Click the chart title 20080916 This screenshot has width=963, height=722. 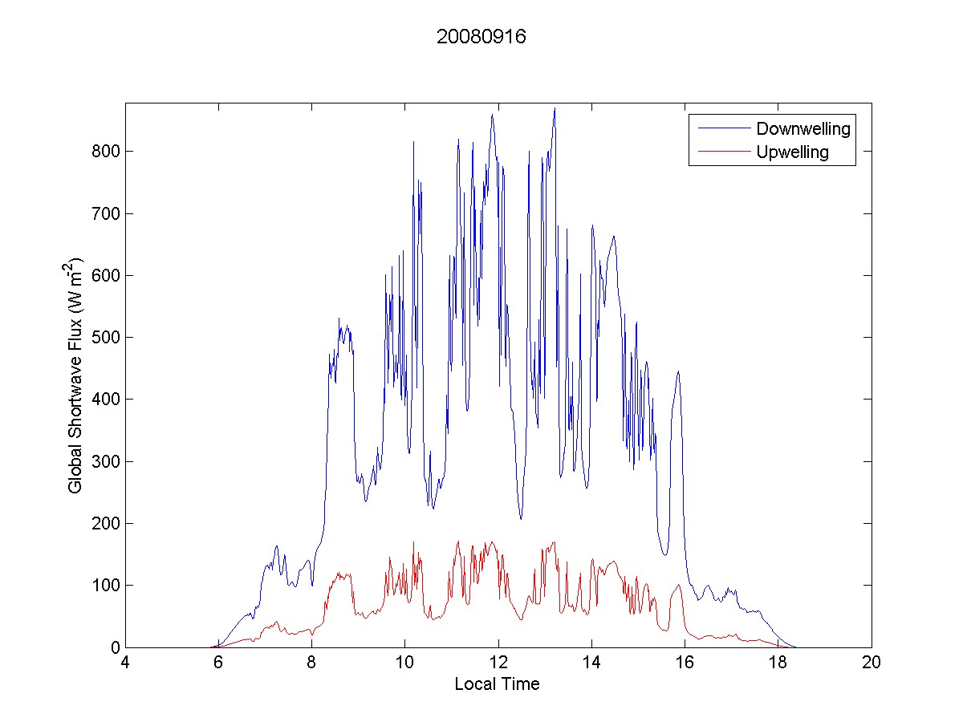click(481, 38)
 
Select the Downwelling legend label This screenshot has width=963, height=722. click(802, 128)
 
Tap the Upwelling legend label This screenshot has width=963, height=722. click(792, 152)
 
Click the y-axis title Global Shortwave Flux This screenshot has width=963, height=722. click(75, 375)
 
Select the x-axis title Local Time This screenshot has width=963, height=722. click(497, 684)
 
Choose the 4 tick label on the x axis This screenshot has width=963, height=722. click(125, 663)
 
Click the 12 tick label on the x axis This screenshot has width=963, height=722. click(498, 663)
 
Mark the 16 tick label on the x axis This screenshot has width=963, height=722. click(685, 663)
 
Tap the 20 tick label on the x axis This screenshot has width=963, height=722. click(871, 663)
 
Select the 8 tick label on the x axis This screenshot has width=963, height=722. click(311, 663)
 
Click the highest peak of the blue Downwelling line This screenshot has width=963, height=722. click(555, 108)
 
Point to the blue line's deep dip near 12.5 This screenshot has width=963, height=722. click(520, 518)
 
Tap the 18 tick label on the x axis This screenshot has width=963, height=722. click(778, 663)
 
